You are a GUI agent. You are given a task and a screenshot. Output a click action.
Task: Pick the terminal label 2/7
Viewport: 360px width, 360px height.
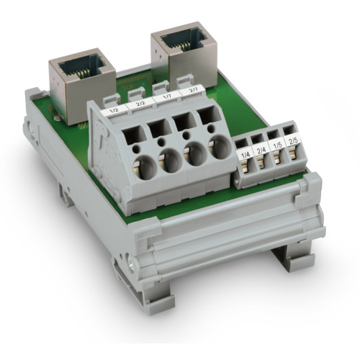(x=192, y=91)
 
